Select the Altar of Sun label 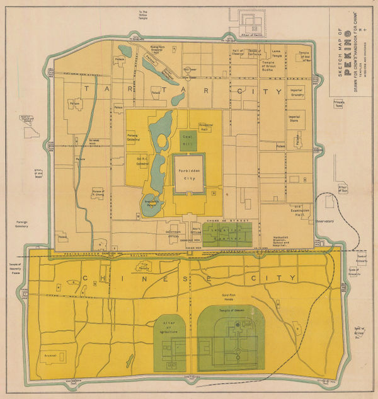pos(343,189)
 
